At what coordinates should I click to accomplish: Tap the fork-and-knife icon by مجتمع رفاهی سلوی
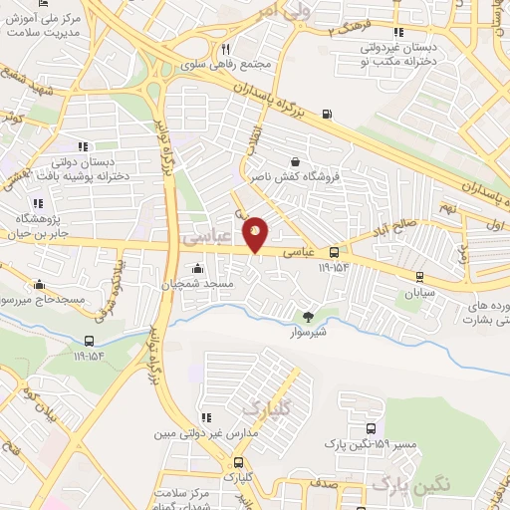226,49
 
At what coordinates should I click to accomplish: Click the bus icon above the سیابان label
419,276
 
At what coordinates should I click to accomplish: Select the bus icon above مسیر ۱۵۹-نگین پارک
356,429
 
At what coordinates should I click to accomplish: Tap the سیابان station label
420,294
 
